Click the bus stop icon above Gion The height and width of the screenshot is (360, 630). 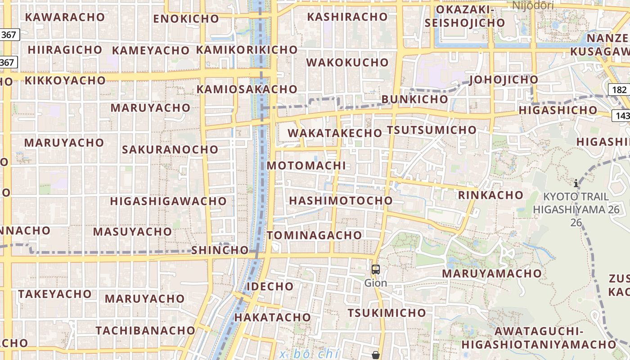[375, 270]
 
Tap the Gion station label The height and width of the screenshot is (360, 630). [375, 283]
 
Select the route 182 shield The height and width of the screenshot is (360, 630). [619, 90]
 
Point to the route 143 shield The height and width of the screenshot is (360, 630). [621, 116]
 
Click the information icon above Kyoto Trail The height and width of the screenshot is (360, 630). [576, 183]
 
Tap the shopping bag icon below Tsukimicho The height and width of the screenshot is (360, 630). [375, 355]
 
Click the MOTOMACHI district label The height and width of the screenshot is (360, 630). [306, 166]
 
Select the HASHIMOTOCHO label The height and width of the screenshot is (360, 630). [341, 201]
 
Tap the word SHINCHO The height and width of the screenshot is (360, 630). [220, 250]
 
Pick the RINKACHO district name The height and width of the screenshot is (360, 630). [490, 195]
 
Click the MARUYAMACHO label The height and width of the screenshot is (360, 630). [491, 274]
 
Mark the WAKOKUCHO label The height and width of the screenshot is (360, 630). [347, 63]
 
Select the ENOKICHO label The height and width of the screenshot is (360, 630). [186, 19]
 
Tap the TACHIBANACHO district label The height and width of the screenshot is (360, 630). [145, 330]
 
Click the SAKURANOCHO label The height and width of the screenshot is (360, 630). [170, 149]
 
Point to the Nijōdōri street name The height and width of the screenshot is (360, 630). [533, 5]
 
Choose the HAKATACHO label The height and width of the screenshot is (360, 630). [272, 317]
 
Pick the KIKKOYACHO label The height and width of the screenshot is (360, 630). [65, 81]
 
